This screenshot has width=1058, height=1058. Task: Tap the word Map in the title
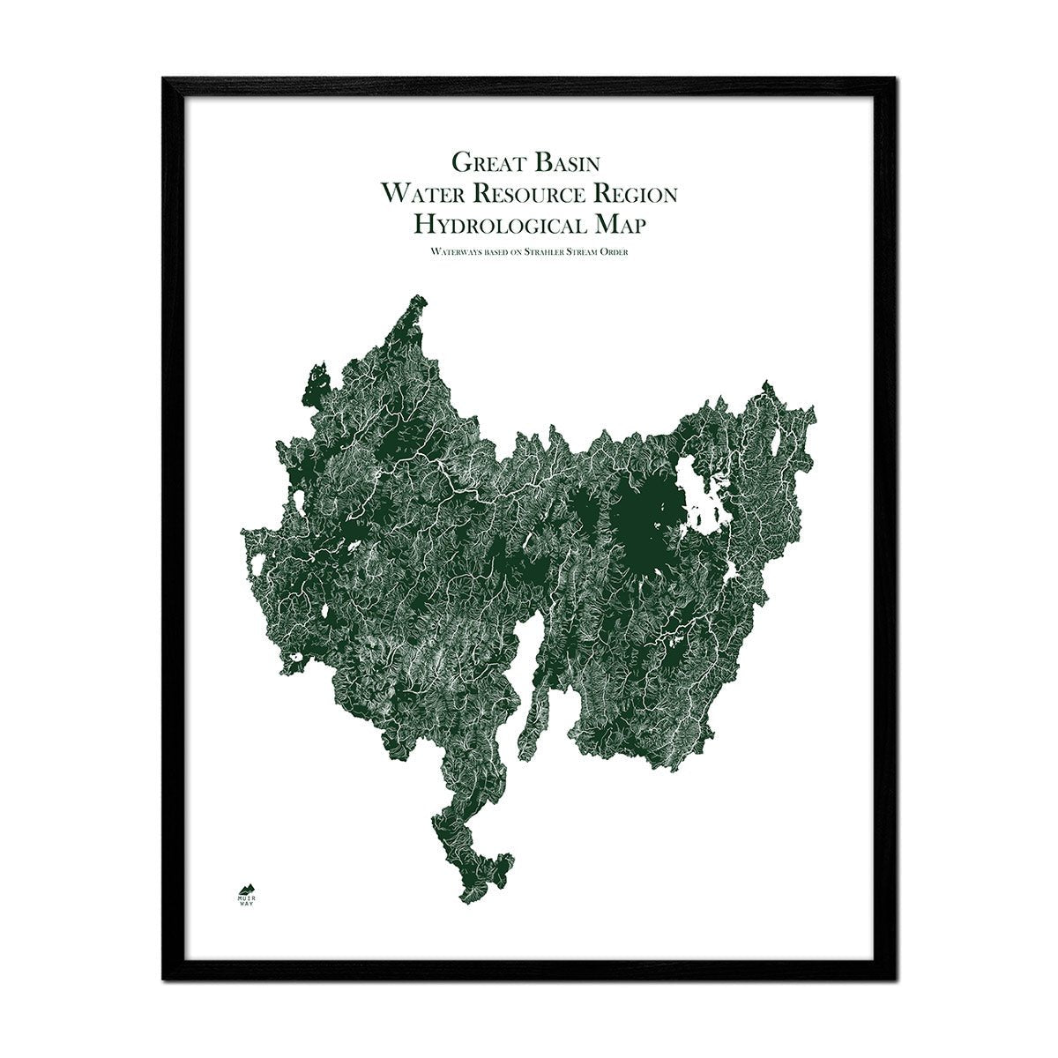pos(620,225)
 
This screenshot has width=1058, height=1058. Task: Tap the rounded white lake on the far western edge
pos(301,503)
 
